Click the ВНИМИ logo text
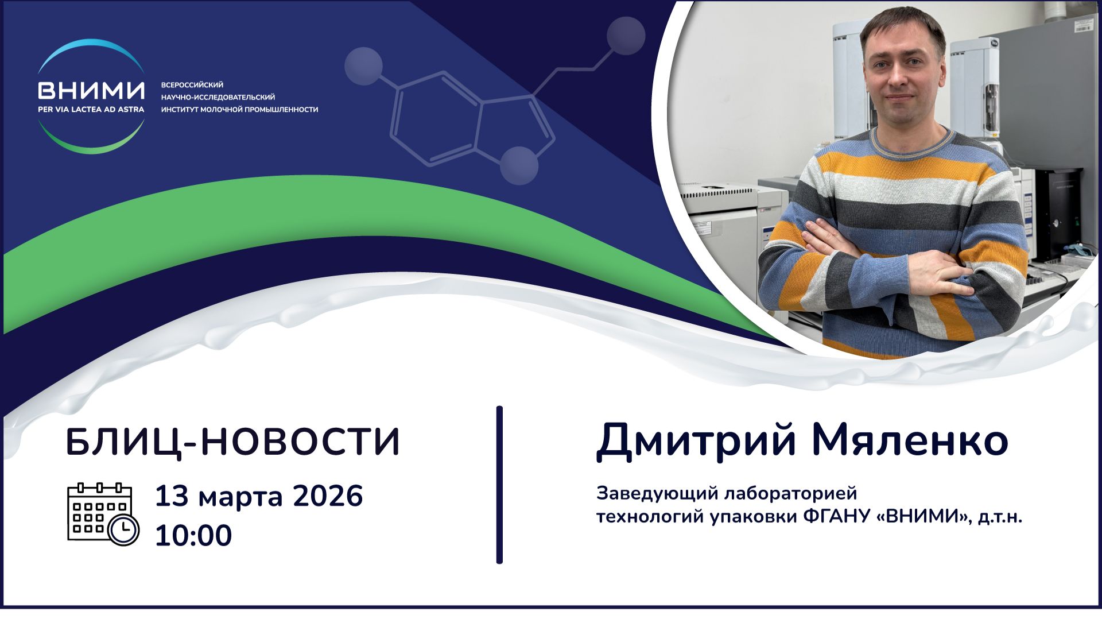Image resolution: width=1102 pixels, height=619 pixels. pyautogui.click(x=91, y=90)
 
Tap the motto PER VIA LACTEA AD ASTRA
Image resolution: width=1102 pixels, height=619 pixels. pyautogui.click(x=91, y=109)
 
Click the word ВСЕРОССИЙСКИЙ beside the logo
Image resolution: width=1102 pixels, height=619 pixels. pyautogui.click(x=192, y=85)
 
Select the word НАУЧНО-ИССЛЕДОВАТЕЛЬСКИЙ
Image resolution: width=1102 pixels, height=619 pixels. pyautogui.click(x=218, y=97)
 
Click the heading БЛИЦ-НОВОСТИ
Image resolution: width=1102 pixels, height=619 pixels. pyautogui.click(x=232, y=442)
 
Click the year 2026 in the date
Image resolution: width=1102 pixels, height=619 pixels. pyautogui.click(x=328, y=496)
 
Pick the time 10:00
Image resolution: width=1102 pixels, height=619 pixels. pyautogui.click(x=193, y=535)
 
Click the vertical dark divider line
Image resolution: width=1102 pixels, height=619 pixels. pyautogui.click(x=499, y=485)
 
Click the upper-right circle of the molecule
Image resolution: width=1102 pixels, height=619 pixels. pyautogui.click(x=626, y=36)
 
